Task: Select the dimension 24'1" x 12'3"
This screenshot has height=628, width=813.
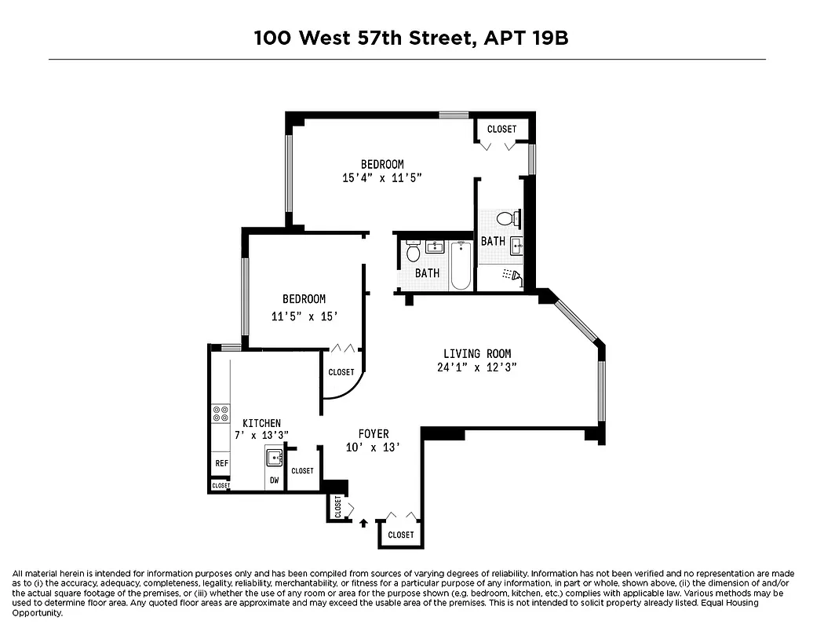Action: [477, 367]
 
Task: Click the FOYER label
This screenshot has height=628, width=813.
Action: [374, 434]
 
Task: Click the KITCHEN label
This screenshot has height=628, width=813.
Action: [261, 423]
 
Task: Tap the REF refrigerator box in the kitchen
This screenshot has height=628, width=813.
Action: [221, 463]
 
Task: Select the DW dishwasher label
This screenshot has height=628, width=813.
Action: [275, 480]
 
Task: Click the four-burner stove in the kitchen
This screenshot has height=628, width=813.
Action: [221, 414]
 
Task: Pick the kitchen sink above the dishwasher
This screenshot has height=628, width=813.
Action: [275, 458]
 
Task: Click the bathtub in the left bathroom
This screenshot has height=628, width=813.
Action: [460, 266]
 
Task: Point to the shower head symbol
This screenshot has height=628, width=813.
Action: [512, 275]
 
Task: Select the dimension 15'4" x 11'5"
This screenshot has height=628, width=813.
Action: [382, 178]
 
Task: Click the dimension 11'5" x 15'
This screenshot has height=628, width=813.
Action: [304, 317]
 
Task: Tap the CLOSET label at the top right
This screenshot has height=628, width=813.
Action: [502, 129]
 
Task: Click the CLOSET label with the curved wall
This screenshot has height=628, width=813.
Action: [341, 372]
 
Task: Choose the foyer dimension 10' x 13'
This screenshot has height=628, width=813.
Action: [374, 447]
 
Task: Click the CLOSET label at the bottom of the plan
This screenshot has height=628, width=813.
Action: [401, 535]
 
